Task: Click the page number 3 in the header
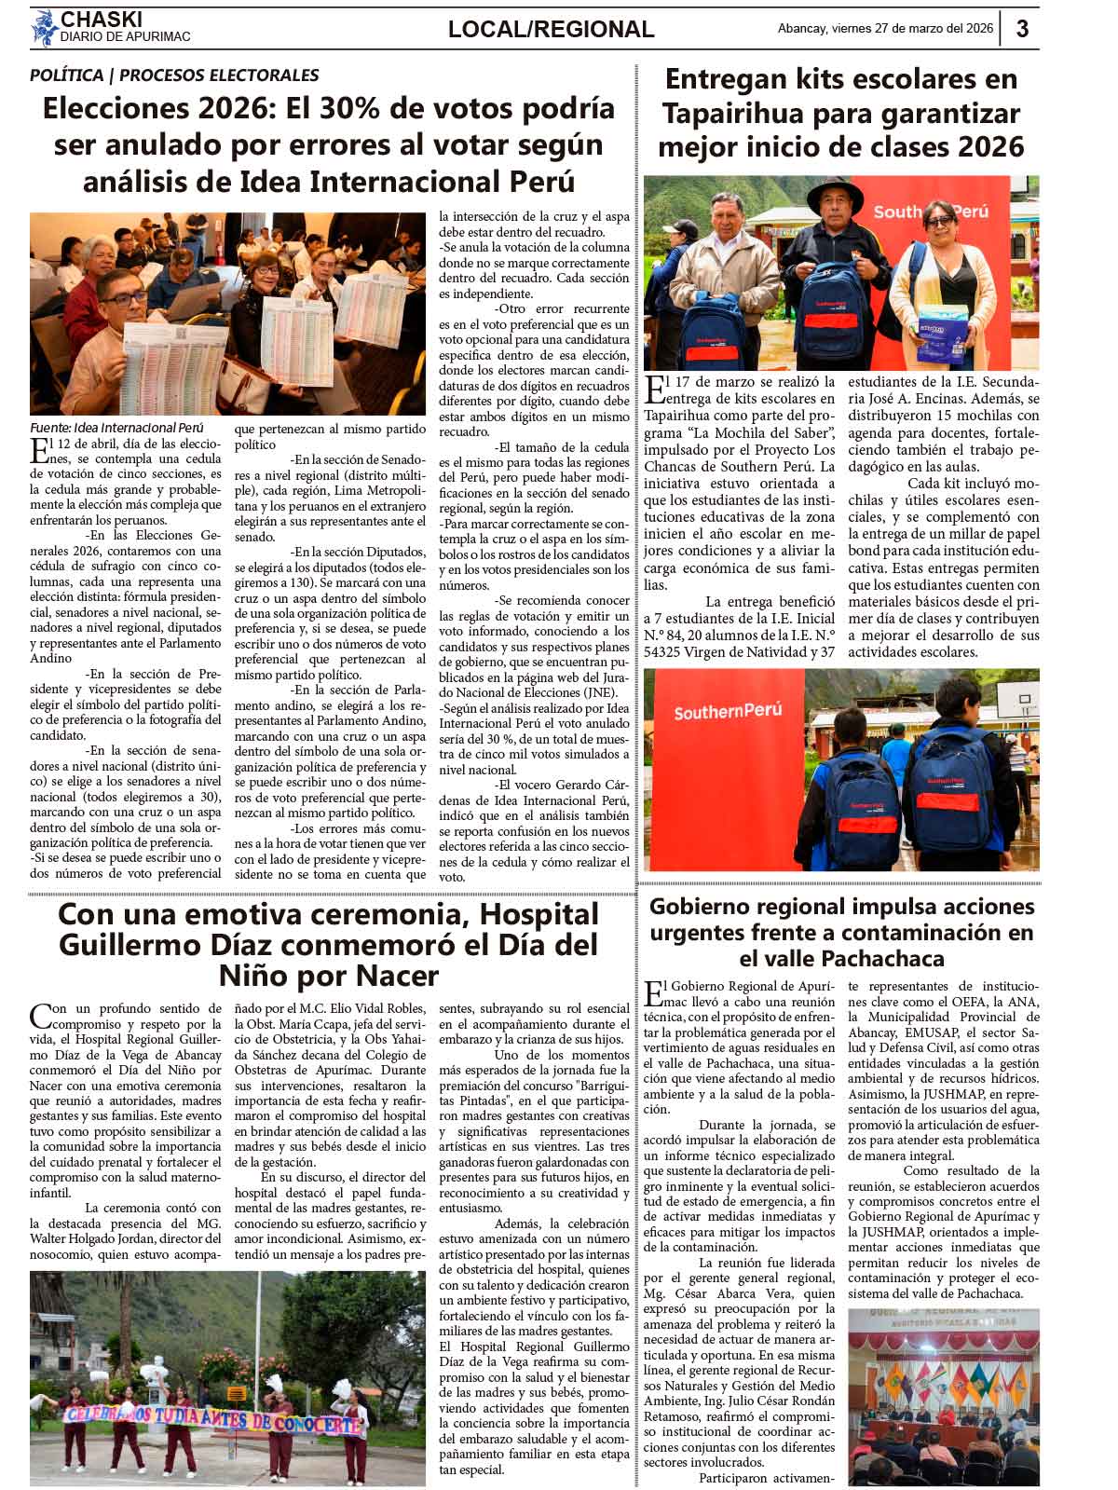pyautogui.click(x=1022, y=28)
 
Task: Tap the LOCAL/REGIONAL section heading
pyautogui.click(x=551, y=30)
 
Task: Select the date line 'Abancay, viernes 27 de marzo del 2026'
pyautogui.click(x=885, y=29)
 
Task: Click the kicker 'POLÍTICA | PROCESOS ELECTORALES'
pyautogui.click(x=174, y=75)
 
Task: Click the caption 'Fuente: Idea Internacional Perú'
pyautogui.click(x=116, y=426)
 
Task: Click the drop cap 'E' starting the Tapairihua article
pyautogui.click(x=655, y=389)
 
